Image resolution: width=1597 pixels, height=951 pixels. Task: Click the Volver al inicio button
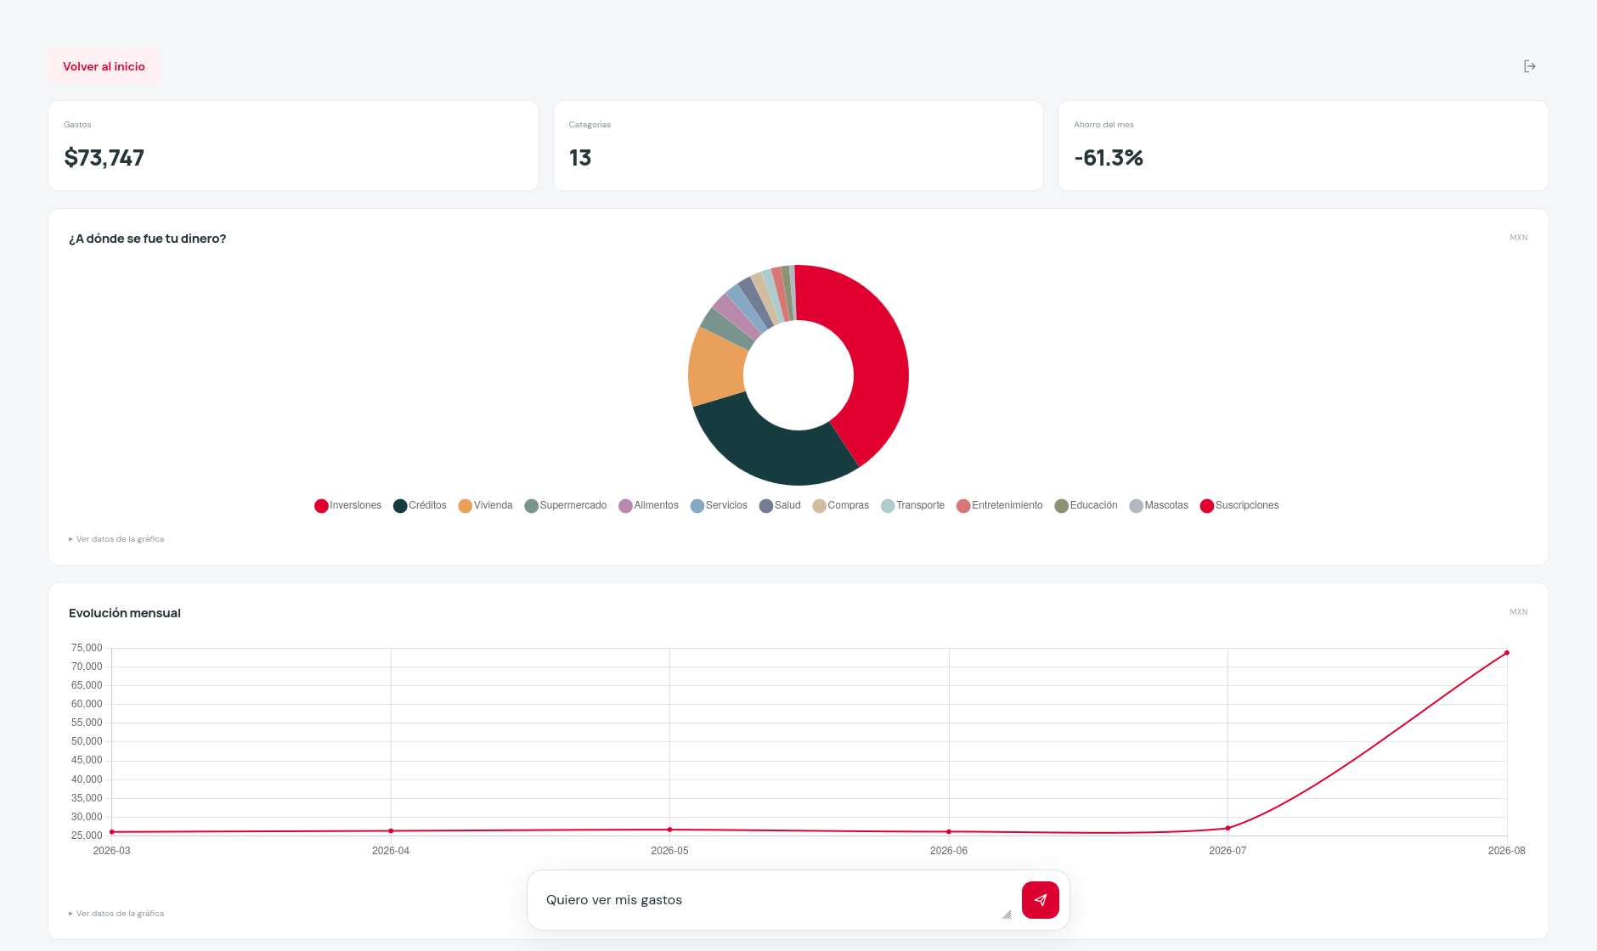104,66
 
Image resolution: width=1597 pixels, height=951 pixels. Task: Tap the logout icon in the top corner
1529,66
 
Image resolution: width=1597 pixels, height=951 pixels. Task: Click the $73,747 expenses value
104,158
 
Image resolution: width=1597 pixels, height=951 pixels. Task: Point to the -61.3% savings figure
1109,158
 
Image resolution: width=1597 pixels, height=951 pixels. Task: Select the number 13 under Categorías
580,158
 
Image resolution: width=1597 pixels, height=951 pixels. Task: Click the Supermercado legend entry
566,505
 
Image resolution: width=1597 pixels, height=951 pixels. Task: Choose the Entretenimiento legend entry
1000,505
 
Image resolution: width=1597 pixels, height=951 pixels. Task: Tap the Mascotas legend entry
1159,505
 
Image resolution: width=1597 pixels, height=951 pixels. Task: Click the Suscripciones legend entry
1239,505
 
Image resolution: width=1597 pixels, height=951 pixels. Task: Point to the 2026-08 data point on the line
1507,653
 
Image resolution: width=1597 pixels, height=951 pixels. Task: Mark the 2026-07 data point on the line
1227,828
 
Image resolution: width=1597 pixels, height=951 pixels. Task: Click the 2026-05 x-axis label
669,851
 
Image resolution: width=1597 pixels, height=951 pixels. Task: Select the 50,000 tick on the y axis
87,741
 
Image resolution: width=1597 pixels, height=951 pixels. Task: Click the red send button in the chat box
1041,900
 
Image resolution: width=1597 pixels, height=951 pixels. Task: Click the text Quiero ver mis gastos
614,900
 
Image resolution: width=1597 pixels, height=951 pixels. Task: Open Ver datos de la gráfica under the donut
116,539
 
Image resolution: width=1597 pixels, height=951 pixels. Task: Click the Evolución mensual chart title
125,613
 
